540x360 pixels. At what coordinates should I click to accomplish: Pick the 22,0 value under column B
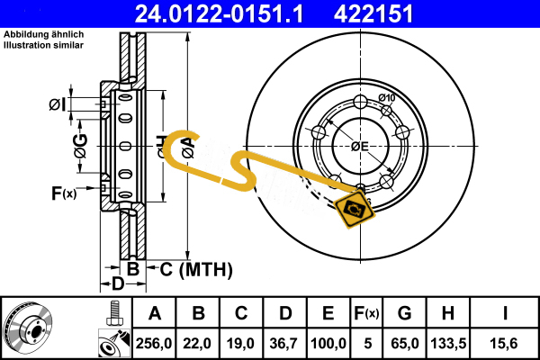point(198,342)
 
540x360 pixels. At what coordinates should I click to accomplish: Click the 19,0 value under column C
point(241,342)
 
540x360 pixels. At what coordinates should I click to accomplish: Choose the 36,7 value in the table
point(284,342)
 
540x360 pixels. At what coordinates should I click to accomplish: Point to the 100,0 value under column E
point(328,342)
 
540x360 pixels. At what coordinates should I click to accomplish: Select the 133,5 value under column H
point(447,342)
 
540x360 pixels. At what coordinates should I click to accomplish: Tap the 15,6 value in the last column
point(505,342)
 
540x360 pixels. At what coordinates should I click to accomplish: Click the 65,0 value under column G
point(404,342)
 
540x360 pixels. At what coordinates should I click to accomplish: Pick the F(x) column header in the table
point(367,313)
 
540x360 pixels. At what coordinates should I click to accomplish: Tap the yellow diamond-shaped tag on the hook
point(354,209)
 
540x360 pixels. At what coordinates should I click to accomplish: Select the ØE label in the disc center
point(359,147)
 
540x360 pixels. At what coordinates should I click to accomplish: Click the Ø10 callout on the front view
point(387,98)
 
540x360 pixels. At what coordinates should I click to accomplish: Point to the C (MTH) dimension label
point(196,268)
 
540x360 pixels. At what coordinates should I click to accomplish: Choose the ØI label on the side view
point(58,104)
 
